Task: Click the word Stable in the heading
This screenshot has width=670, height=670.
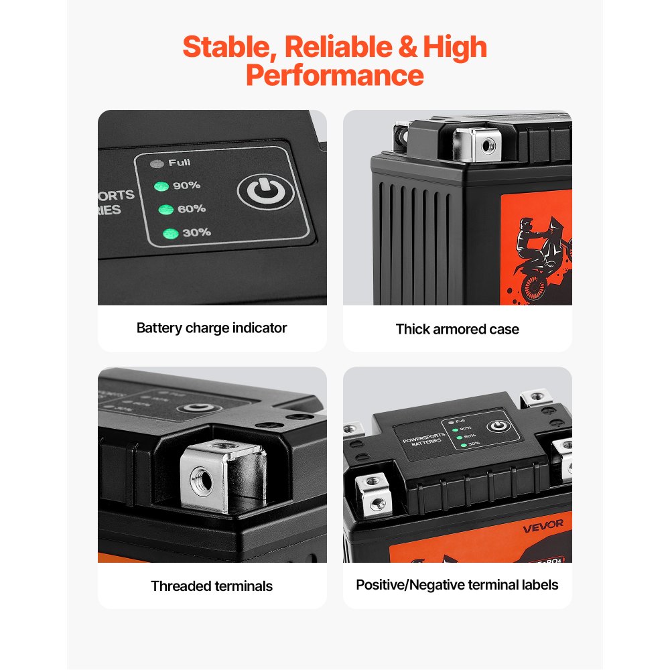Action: (x=226, y=48)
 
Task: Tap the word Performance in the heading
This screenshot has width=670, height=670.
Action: (x=334, y=76)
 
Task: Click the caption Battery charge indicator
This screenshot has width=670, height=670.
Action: (x=212, y=328)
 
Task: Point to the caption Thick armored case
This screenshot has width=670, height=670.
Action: (x=457, y=329)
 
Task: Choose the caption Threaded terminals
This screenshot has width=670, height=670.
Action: (x=212, y=586)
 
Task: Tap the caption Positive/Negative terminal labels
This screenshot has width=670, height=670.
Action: (x=457, y=585)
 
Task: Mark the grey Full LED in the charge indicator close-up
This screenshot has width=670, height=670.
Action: (x=158, y=163)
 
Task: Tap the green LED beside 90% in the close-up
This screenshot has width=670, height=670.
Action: (x=161, y=186)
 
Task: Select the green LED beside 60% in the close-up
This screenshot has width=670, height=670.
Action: (x=165, y=210)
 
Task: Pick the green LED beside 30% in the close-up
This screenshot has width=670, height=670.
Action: (x=171, y=233)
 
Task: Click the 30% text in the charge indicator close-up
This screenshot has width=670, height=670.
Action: (x=196, y=232)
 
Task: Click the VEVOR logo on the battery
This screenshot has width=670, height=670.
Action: (x=543, y=523)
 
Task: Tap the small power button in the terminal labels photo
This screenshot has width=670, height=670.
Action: (x=496, y=427)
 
